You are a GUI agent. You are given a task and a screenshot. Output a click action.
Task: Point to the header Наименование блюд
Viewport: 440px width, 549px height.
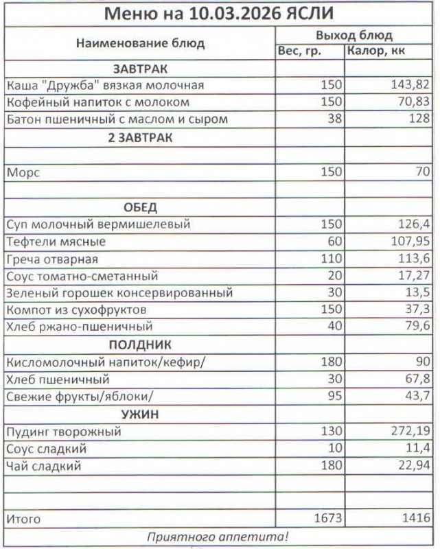tap(140, 43)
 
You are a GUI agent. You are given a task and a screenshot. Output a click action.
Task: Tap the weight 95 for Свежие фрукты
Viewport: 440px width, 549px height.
tap(333, 397)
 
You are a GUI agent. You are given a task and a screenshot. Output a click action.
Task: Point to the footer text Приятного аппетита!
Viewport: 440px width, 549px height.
tap(219, 537)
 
